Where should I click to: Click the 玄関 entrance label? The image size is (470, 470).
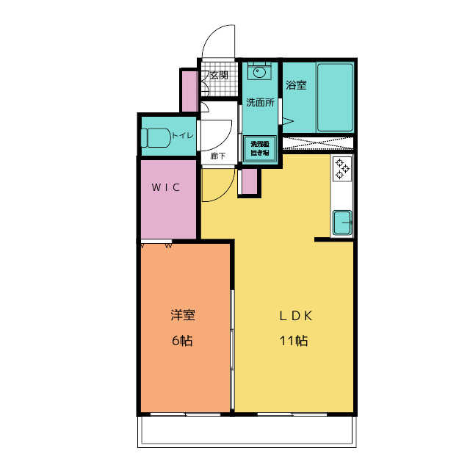[x=219, y=75]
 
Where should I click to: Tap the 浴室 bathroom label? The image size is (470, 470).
[x=296, y=85]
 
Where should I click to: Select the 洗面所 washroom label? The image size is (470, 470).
[x=259, y=103]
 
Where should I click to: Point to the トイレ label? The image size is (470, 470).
[x=182, y=135]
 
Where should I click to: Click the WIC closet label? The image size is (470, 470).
[x=166, y=187]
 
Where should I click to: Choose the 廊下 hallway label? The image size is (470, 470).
[x=218, y=156]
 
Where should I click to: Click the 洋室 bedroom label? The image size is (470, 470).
[x=182, y=316]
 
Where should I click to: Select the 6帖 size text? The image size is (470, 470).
[x=182, y=341]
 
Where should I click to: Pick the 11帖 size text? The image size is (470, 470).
[x=294, y=341]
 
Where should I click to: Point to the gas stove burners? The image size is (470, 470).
[x=342, y=169]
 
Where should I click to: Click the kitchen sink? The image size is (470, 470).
[x=342, y=223]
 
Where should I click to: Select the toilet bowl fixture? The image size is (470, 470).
[x=156, y=137]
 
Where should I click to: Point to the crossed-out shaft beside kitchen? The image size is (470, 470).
[x=318, y=143]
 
